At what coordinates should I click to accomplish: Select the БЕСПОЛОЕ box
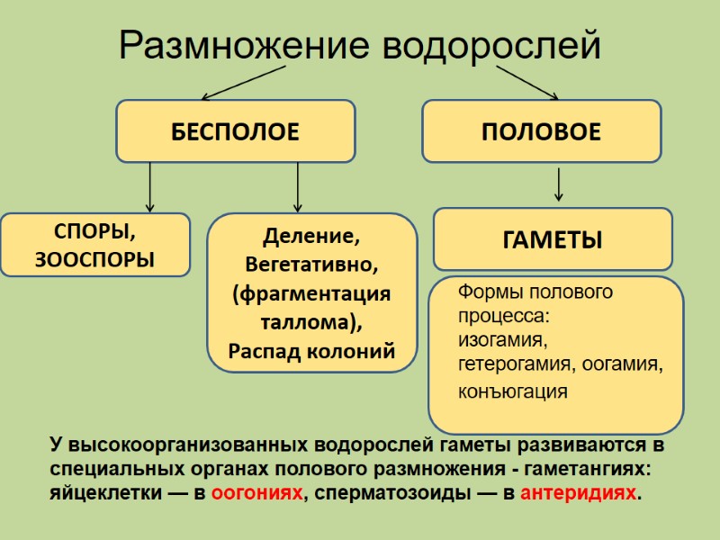(x=235, y=131)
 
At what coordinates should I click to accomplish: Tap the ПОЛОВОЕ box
(x=541, y=131)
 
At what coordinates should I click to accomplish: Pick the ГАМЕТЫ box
(x=552, y=239)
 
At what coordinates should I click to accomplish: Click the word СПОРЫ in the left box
(x=94, y=231)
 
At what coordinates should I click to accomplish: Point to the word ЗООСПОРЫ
(x=94, y=260)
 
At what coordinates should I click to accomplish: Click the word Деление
(x=311, y=238)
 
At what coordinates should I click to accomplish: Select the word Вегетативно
(x=311, y=265)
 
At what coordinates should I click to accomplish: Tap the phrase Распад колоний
(x=311, y=351)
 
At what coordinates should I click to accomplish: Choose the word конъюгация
(x=513, y=391)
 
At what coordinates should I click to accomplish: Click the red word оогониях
(x=262, y=494)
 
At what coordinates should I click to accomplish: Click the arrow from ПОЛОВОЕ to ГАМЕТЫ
(x=559, y=184)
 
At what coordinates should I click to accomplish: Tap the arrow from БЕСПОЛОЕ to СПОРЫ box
(x=150, y=186)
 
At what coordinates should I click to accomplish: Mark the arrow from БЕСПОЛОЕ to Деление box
(x=297, y=186)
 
